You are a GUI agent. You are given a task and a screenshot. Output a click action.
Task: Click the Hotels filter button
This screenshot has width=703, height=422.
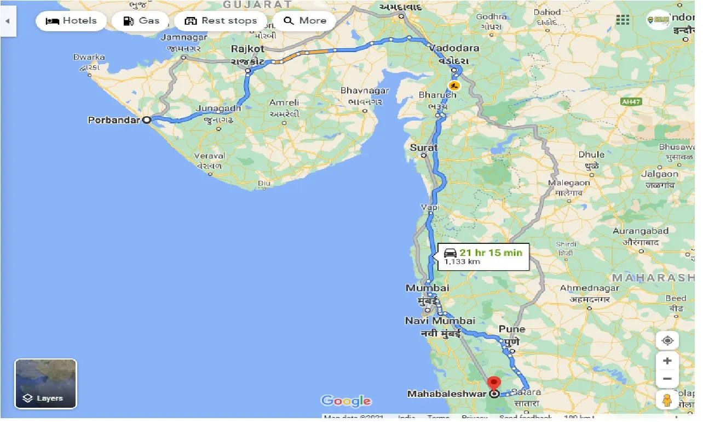tap(71, 21)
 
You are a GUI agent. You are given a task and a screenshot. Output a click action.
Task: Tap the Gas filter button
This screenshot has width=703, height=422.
tap(141, 21)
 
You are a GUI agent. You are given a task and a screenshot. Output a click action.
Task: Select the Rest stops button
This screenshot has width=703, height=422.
tap(221, 21)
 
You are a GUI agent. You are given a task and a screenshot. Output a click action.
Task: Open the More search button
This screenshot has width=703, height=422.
tap(304, 21)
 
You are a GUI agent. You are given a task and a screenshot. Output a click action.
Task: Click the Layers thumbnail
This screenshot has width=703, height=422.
tap(45, 384)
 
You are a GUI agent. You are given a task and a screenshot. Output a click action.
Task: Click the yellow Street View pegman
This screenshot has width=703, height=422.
tap(667, 400)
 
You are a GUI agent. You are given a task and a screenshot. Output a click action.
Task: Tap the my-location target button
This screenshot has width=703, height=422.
tap(667, 340)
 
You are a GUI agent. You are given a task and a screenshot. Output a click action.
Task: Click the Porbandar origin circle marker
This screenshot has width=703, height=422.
tap(147, 119)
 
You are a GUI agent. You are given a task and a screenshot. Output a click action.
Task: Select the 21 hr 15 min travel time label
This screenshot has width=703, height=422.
tap(490, 253)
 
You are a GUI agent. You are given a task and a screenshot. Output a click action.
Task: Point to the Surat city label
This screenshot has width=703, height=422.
tap(424, 147)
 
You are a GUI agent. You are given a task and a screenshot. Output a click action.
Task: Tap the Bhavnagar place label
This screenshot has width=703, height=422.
tap(365, 90)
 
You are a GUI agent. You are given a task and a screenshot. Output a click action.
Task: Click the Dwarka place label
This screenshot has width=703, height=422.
tap(89, 57)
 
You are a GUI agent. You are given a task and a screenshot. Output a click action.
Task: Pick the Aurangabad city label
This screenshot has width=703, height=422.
tap(641, 231)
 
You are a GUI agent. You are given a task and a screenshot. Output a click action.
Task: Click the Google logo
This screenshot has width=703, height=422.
tap(346, 401)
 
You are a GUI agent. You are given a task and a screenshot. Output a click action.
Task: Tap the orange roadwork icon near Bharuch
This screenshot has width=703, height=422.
tap(453, 85)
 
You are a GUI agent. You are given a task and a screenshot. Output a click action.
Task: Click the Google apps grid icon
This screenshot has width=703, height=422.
tap(623, 20)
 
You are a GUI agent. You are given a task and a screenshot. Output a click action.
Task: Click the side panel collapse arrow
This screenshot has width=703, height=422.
tap(8, 21)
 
